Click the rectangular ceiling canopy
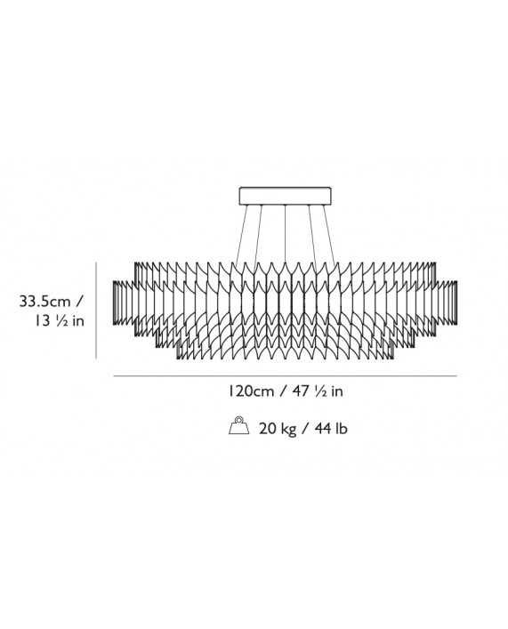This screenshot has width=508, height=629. [x=286, y=196]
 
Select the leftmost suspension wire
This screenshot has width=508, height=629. [x=242, y=235]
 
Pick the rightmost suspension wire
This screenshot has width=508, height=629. [x=329, y=235]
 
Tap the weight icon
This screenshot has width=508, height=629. [x=239, y=425]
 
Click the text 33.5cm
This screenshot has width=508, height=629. [x=44, y=302]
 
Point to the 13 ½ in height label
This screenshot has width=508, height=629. [x=60, y=321]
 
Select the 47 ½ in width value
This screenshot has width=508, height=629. [x=318, y=391]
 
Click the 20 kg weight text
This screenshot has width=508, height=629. [x=278, y=429]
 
